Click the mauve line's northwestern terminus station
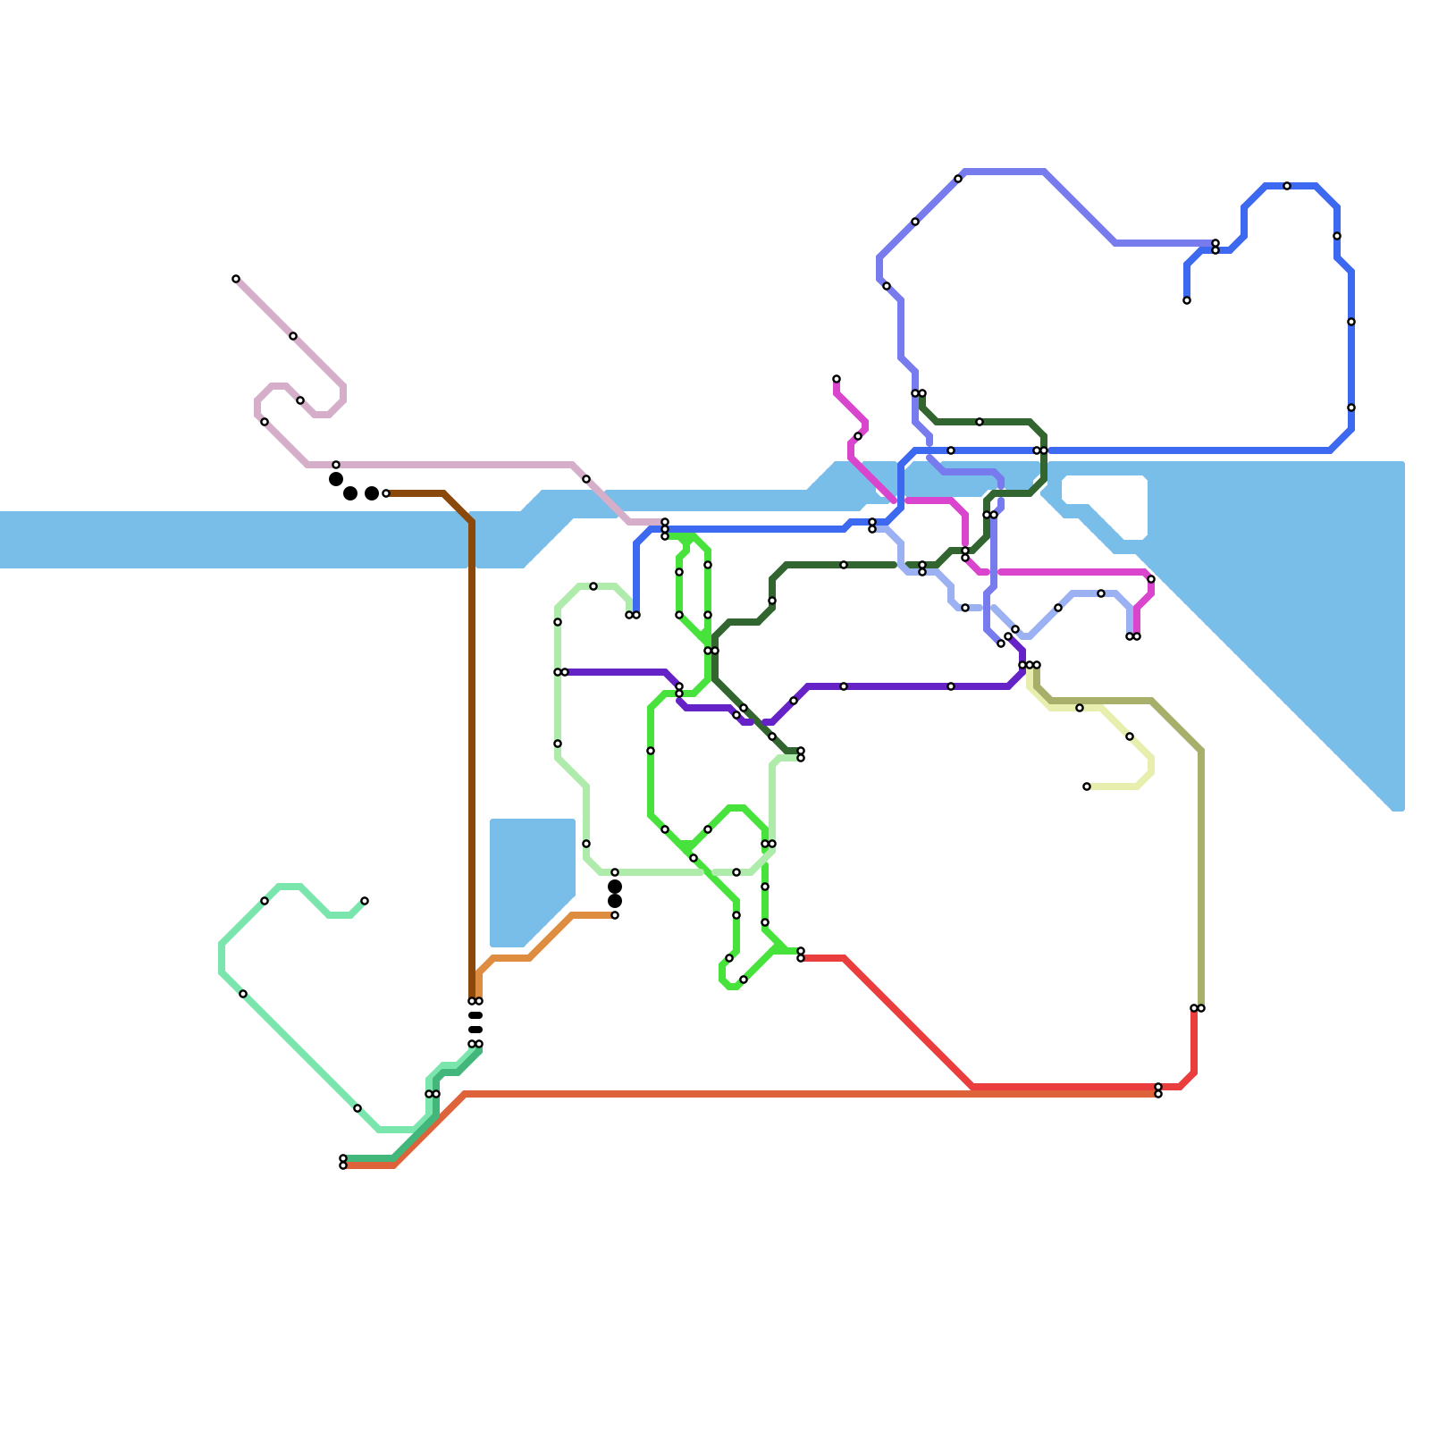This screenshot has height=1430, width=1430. (236, 279)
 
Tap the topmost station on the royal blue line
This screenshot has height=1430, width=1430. (1287, 186)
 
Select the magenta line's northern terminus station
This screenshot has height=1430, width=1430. (837, 379)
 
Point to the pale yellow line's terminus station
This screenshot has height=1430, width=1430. (1087, 786)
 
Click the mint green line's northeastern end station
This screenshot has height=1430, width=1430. (365, 901)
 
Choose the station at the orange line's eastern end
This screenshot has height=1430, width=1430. (615, 915)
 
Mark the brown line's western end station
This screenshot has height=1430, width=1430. (386, 493)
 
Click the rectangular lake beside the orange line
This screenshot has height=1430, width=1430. (532, 880)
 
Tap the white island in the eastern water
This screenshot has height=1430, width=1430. (1105, 506)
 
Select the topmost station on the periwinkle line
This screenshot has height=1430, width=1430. (958, 179)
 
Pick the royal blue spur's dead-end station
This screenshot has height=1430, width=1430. (1187, 300)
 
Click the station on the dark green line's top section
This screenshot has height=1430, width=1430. (980, 422)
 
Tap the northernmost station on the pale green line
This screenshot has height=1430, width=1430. (593, 586)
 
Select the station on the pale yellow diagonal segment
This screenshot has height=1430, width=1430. (1130, 736)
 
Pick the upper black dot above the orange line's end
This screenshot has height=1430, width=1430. (615, 887)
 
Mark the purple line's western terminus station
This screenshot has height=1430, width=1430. (565, 672)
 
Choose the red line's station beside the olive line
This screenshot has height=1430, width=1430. (1194, 1008)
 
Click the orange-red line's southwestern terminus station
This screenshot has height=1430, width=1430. (343, 1165)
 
